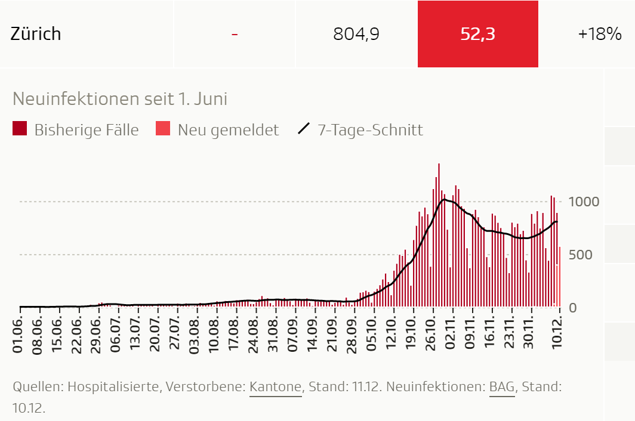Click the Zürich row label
click(36, 33)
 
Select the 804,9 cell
click(356, 34)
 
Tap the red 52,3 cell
click(477, 34)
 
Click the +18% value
click(600, 34)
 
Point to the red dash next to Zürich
click(235, 34)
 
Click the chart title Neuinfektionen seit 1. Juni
click(120, 98)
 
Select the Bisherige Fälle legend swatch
click(20, 129)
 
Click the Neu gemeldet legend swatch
click(163, 129)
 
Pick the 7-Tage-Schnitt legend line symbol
click(304, 129)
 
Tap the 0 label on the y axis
click(573, 308)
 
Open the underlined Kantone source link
click(275, 387)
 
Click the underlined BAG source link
click(502, 387)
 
